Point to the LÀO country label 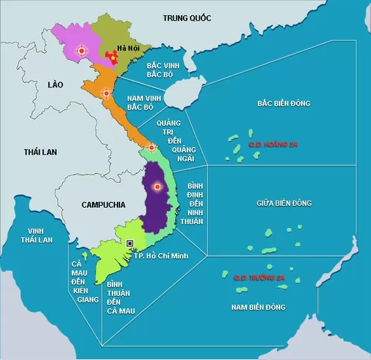pyautogui.click(x=56, y=84)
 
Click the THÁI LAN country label pyautogui.click(x=40, y=152)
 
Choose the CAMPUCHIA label pyautogui.click(x=103, y=205)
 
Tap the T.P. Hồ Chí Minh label pyautogui.click(x=161, y=255)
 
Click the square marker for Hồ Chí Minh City pyautogui.click(x=130, y=243)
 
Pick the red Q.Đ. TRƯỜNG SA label pyautogui.click(x=261, y=278)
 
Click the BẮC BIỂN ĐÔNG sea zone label pyautogui.click(x=283, y=103)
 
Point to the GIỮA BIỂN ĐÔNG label pyautogui.click(x=284, y=203)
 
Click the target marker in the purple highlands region pyautogui.click(x=156, y=188)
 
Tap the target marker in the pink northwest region pyautogui.click(x=82, y=50)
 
